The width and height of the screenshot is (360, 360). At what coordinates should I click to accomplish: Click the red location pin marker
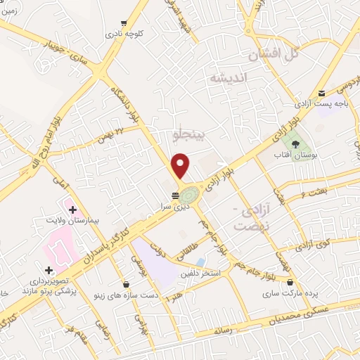pos(181,165)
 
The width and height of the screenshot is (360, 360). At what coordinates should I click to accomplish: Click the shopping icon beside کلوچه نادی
pos(125,22)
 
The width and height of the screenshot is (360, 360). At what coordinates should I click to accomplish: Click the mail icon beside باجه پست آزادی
pos(321,93)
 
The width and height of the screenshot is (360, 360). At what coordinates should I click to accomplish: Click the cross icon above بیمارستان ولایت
pos(72,209)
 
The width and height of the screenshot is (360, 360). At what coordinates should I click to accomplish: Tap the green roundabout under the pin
pos(190,191)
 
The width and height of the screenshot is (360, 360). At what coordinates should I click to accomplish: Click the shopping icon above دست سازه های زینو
pos(126,285)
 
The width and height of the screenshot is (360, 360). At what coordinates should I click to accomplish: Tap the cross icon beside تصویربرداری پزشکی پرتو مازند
pos(48,270)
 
